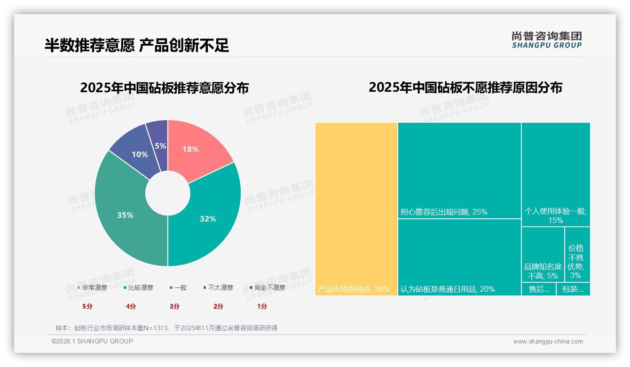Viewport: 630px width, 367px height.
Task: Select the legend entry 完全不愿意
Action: (x=269, y=287)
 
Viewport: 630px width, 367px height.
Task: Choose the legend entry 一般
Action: (x=180, y=287)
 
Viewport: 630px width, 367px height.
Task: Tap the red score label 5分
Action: (x=87, y=306)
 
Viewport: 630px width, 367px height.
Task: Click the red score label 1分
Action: (x=262, y=306)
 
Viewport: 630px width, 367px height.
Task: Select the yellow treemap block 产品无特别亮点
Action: (x=356, y=207)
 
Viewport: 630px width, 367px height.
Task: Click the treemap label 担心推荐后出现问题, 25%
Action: (x=443, y=212)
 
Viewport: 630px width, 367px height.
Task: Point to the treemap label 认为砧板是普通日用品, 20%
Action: (x=448, y=289)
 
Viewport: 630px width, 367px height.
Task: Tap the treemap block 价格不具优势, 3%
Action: (x=577, y=255)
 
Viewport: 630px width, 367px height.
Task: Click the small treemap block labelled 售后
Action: (x=539, y=289)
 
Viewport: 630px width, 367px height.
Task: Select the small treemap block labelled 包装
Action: (x=573, y=289)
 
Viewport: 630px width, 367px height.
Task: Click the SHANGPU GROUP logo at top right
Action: (x=546, y=40)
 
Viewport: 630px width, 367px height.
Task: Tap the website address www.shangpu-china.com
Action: (x=548, y=342)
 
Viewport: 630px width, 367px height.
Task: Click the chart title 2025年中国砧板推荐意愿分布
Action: (x=164, y=88)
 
